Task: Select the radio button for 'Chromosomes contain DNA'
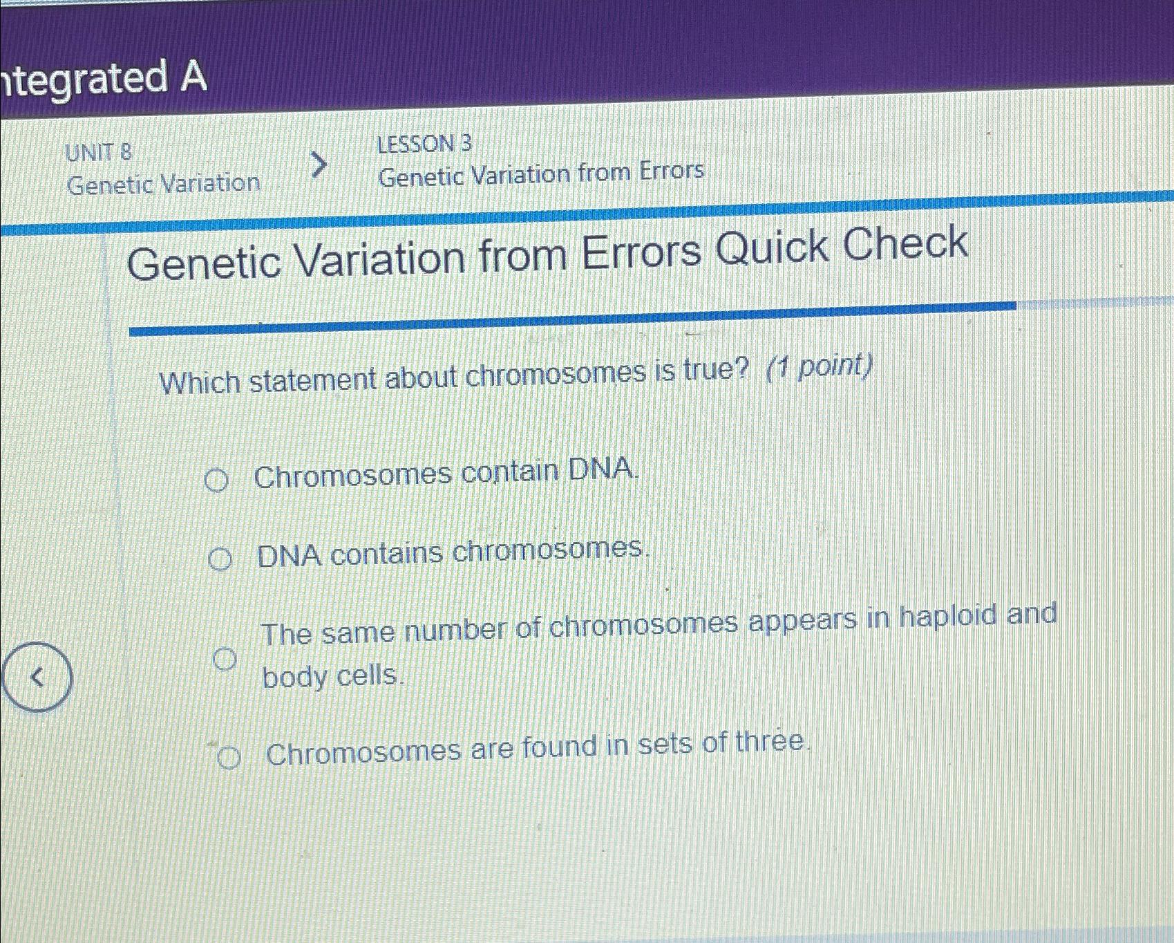click(x=216, y=480)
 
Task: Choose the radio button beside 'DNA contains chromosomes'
click(x=220, y=559)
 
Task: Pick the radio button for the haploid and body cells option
click(x=224, y=659)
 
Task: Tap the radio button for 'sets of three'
click(x=228, y=758)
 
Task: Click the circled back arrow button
click(x=37, y=677)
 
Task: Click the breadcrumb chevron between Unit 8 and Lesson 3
click(x=318, y=165)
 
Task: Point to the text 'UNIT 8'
click(x=98, y=152)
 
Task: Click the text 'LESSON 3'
click(x=424, y=144)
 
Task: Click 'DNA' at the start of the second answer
click(x=290, y=555)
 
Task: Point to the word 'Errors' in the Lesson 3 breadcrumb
click(x=671, y=170)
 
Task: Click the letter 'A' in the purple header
click(x=193, y=76)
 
